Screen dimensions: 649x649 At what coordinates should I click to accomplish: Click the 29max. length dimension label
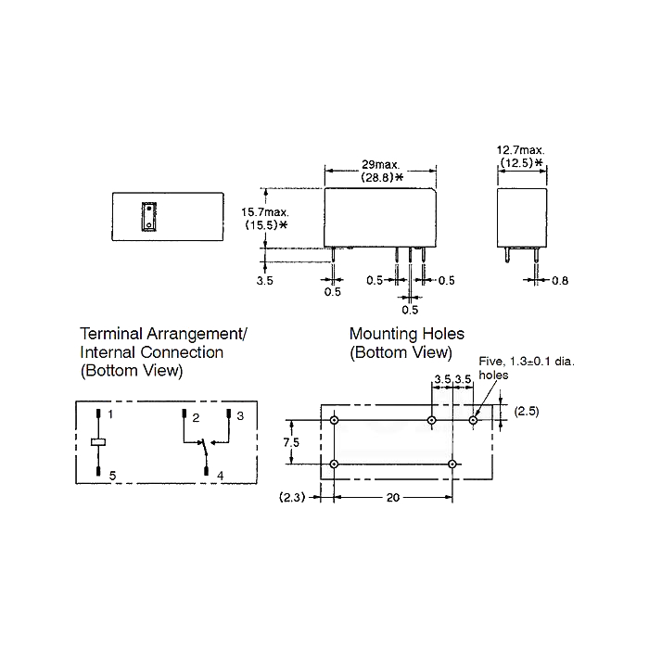tap(381, 165)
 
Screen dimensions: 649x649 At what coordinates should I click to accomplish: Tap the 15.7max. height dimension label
tap(265, 212)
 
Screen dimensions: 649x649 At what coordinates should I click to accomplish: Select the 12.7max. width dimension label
tap(521, 150)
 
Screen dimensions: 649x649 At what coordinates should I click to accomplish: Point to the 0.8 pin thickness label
tap(560, 281)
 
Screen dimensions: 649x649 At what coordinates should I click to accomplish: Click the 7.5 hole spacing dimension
tap(291, 442)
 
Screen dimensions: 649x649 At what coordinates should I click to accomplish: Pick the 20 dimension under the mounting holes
tap(393, 497)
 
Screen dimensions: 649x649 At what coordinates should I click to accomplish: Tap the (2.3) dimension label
tap(292, 497)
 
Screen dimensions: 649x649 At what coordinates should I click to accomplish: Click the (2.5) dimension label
tap(527, 412)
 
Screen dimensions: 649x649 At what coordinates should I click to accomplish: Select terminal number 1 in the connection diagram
tap(110, 414)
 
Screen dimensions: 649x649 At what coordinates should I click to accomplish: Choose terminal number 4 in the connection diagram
tap(221, 476)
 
